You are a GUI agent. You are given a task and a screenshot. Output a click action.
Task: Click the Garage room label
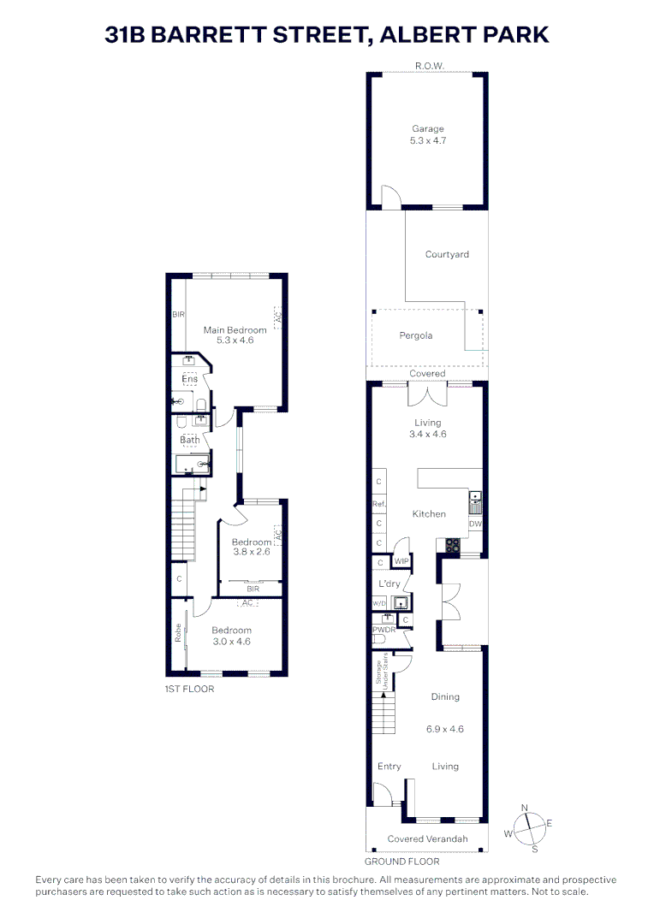pyautogui.click(x=428, y=129)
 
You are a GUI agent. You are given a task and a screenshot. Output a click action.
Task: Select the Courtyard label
pyautogui.click(x=447, y=254)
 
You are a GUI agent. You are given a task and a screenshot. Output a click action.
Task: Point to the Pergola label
pyautogui.click(x=416, y=335)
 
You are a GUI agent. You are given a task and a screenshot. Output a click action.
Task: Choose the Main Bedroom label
pyautogui.click(x=229, y=329)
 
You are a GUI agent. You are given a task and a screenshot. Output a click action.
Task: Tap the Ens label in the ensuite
pyautogui.click(x=189, y=379)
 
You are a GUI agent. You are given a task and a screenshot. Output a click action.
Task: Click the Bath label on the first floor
pyautogui.click(x=189, y=441)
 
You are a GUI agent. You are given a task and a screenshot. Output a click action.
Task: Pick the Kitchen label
pyautogui.click(x=429, y=514)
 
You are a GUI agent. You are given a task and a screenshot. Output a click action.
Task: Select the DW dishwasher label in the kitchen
pyautogui.click(x=475, y=524)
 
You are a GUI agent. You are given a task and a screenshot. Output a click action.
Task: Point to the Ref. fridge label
pyautogui.click(x=378, y=504)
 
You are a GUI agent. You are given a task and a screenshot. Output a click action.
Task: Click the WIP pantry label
pyautogui.click(x=401, y=561)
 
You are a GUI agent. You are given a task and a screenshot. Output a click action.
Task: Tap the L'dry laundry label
pyautogui.click(x=389, y=583)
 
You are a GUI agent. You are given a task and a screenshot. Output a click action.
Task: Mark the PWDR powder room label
pyautogui.click(x=383, y=631)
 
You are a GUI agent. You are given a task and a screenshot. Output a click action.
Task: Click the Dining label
pyautogui.click(x=445, y=697)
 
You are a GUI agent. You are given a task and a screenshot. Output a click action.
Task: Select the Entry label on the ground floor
pyautogui.click(x=389, y=767)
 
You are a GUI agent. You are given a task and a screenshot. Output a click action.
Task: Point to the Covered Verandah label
pyautogui.click(x=427, y=839)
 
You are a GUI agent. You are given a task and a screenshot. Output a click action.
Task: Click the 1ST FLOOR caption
pyautogui.click(x=189, y=689)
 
